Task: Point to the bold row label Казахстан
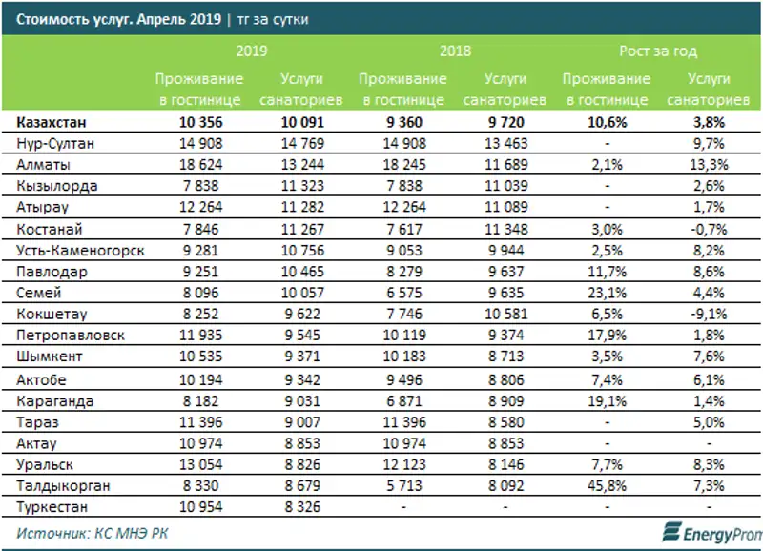[x=55, y=123]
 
